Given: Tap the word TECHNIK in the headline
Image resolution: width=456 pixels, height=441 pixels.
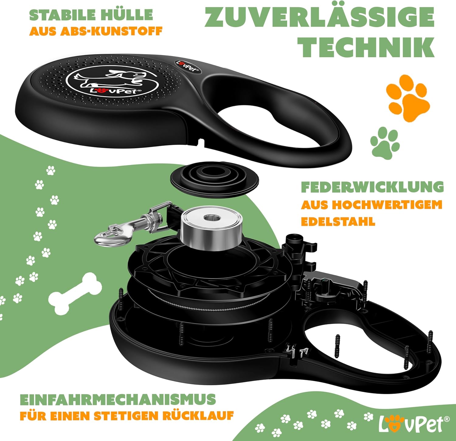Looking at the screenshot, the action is pyautogui.click(x=366, y=47).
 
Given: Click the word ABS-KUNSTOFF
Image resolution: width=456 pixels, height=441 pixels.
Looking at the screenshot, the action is pyautogui.click(x=112, y=31).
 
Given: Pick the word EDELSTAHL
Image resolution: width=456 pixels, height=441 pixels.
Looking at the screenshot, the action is pyautogui.click(x=338, y=222).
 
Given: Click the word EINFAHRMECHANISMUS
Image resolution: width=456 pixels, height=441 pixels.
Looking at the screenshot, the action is pyautogui.click(x=118, y=399).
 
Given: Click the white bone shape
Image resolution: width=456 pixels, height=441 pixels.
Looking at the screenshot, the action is pyautogui.click(x=75, y=293).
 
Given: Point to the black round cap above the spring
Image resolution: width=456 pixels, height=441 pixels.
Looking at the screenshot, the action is pyautogui.click(x=214, y=180).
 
